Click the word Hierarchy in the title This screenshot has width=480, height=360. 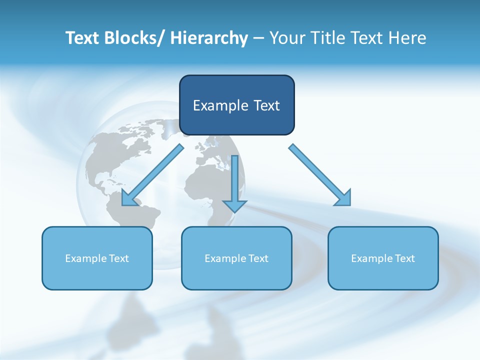pos(209,38)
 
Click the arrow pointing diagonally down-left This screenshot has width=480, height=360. pos(153,175)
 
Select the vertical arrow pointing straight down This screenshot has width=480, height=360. pos(234,182)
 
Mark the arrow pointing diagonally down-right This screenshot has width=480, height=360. pos(319,174)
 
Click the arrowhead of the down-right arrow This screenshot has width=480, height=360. pos(344,198)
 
